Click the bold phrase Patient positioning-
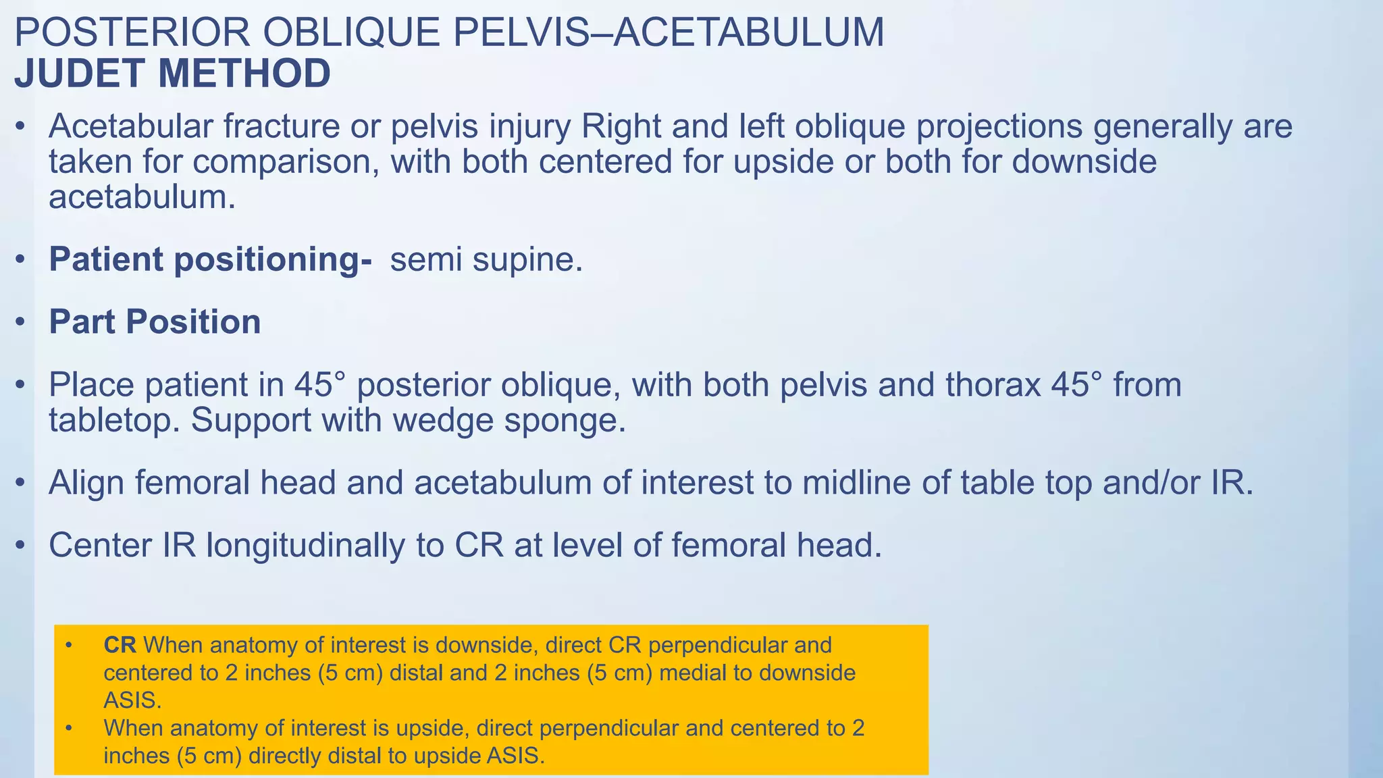[210, 259]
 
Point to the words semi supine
[486, 259]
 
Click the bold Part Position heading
[155, 321]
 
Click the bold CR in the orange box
[120, 645]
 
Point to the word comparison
[284, 162]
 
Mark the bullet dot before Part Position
[21, 322]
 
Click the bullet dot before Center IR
[21, 546]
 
